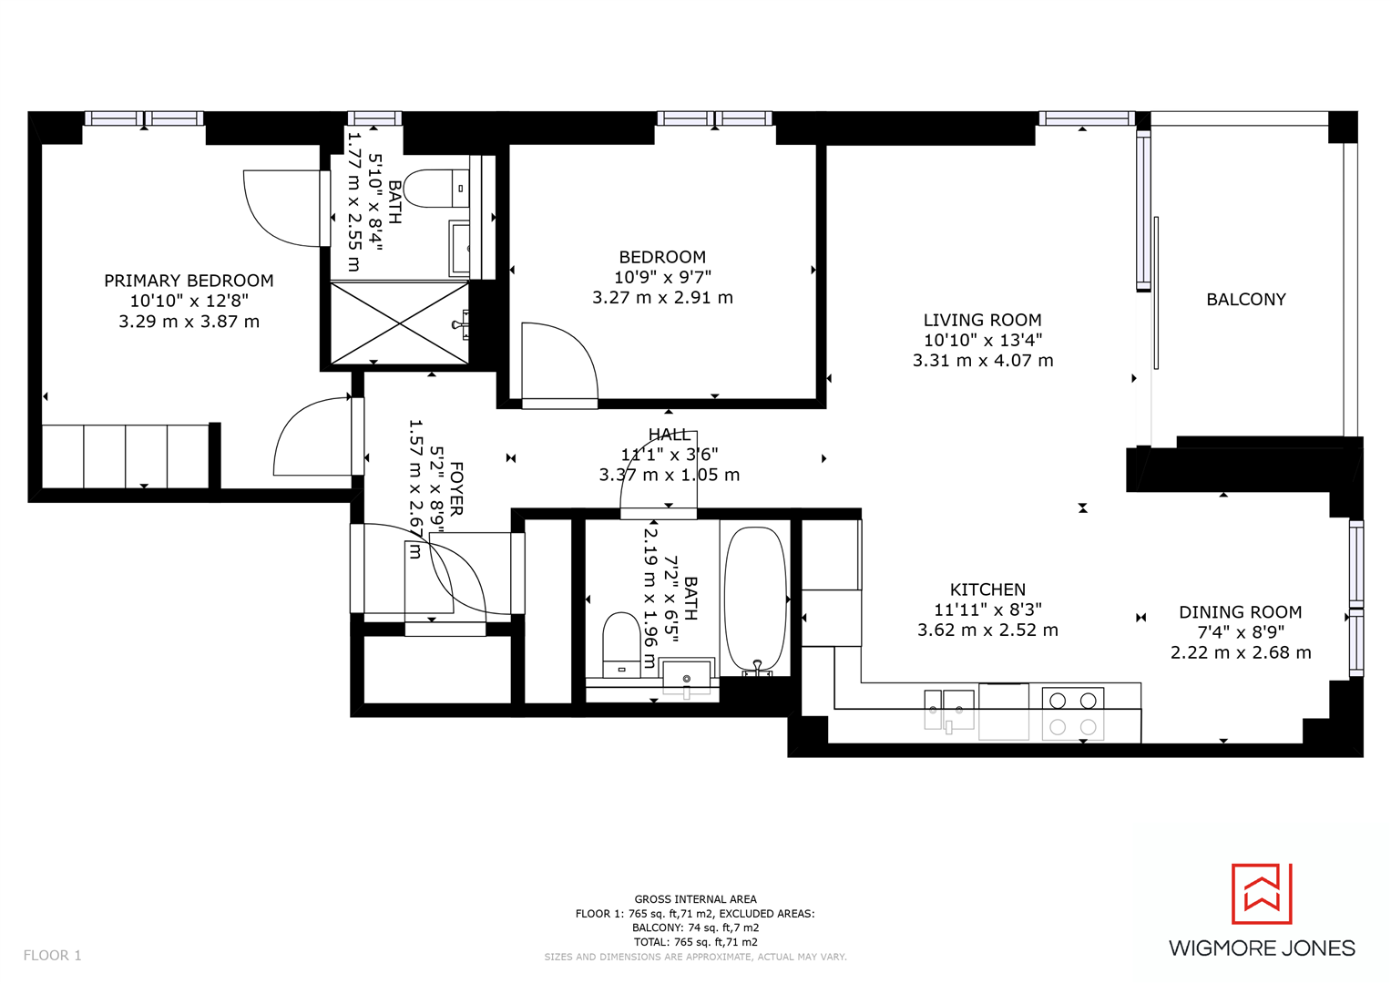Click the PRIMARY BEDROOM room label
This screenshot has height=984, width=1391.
click(x=189, y=281)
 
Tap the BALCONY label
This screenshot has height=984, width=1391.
click(x=1245, y=300)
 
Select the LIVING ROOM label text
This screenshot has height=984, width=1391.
click(x=982, y=320)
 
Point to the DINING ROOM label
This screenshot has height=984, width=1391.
click(x=1240, y=612)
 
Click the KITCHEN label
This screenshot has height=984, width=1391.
click(x=987, y=589)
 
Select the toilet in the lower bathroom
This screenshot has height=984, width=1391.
click(x=621, y=644)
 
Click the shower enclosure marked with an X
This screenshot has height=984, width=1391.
click(x=399, y=323)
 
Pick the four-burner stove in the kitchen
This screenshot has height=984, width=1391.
click(x=1072, y=713)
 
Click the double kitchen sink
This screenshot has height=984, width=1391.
click(x=948, y=710)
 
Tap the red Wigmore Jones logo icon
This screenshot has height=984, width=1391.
click(x=1262, y=894)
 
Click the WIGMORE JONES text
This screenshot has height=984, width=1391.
click(x=1262, y=948)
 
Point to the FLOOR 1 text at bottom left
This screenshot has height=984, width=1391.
click(x=52, y=955)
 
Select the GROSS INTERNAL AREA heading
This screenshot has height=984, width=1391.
click(x=695, y=899)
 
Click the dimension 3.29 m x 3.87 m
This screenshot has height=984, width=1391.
click(x=189, y=322)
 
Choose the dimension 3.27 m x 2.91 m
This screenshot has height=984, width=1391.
click(x=662, y=298)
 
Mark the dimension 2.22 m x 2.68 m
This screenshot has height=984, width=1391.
click(x=1240, y=652)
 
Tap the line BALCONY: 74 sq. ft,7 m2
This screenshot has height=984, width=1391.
click(x=695, y=928)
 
